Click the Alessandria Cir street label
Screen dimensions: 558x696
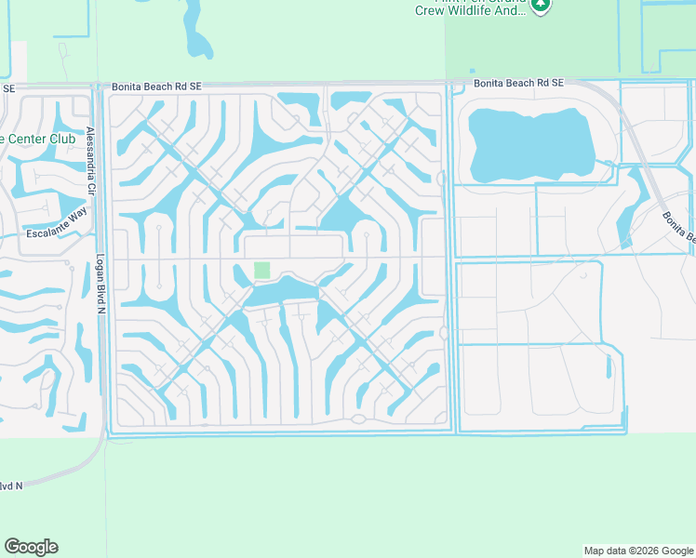point(91,159)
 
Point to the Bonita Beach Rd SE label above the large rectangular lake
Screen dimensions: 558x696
point(518,84)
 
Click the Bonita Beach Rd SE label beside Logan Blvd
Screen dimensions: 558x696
point(156,86)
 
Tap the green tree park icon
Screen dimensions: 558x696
point(541,5)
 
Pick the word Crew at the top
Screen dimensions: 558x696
point(429,11)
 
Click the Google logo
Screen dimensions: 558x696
point(31,547)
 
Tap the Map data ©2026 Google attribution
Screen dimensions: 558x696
point(637,551)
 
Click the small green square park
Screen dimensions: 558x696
point(262,271)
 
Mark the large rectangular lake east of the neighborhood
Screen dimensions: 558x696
point(530,146)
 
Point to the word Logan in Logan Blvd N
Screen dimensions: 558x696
point(100,269)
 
